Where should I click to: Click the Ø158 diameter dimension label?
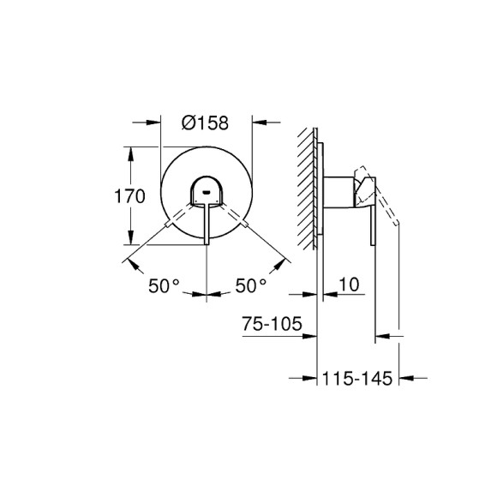206,123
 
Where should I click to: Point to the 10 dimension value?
348,284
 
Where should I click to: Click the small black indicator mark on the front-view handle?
206,193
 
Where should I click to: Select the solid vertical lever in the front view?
206,225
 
